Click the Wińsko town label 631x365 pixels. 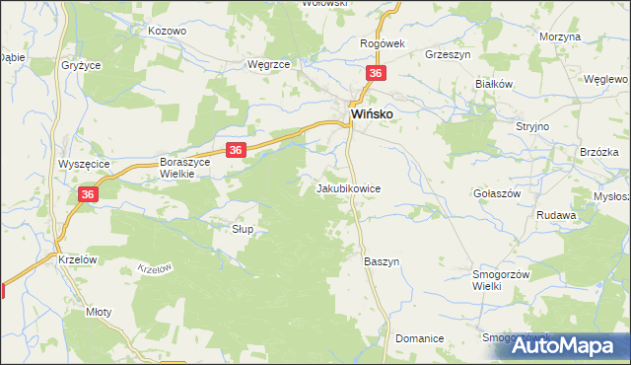pyautogui.click(x=374, y=115)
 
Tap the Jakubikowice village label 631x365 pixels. pyautogui.click(x=348, y=187)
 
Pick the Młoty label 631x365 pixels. pyautogui.click(x=99, y=311)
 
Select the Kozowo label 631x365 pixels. pyautogui.click(x=167, y=32)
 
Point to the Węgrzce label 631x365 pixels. pyautogui.click(x=267, y=64)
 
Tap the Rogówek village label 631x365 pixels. pyautogui.click(x=383, y=43)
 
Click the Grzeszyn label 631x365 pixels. pyautogui.click(x=445, y=54)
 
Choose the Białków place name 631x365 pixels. pyautogui.click(x=496, y=85)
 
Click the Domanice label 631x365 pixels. pyautogui.click(x=419, y=338)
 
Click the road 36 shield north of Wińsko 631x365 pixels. pyautogui.click(x=376, y=74)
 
